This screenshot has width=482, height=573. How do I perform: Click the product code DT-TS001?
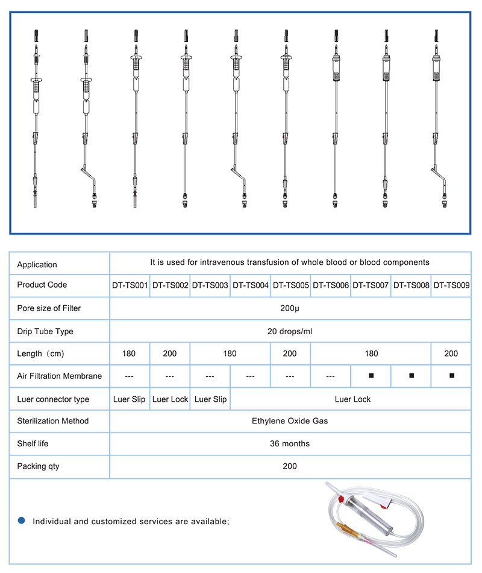[130, 285]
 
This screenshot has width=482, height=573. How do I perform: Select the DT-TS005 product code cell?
[290, 285]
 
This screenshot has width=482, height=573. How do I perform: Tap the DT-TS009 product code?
[451, 285]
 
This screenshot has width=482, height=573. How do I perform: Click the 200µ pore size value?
[290, 308]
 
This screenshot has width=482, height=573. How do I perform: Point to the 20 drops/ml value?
[290, 331]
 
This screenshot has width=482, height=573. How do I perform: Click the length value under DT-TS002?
[170, 353]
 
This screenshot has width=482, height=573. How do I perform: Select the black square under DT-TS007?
[371, 376]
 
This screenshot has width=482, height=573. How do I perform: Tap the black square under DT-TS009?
[451, 376]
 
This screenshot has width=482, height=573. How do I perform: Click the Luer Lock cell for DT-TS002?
[170, 399]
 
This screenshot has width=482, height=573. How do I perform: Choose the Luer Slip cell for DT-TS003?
[210, 399]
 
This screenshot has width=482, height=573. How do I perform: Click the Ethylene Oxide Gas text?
[290, 421]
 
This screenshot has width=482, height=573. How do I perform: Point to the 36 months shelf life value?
[290, 444]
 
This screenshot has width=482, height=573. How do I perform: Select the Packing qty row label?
[38, 466]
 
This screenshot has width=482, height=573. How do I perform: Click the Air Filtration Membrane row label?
[59, 376]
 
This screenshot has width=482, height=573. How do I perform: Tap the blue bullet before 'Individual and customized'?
[21, 521]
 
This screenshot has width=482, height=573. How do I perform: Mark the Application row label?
[37, 265]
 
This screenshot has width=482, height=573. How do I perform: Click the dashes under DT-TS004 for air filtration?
[250, 376]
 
